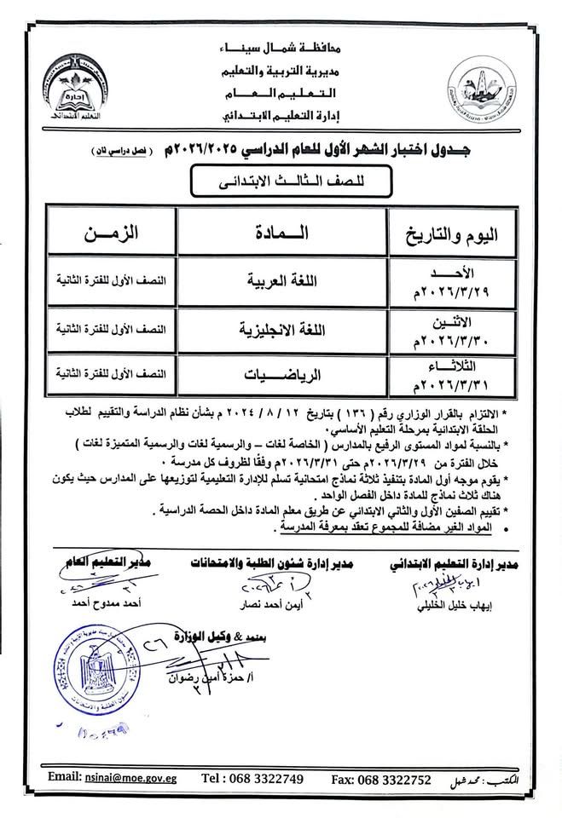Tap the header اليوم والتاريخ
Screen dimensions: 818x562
(451, 232)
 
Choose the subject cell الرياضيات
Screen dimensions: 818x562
(281, 372)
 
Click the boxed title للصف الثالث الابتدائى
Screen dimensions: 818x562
(281, 181)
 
